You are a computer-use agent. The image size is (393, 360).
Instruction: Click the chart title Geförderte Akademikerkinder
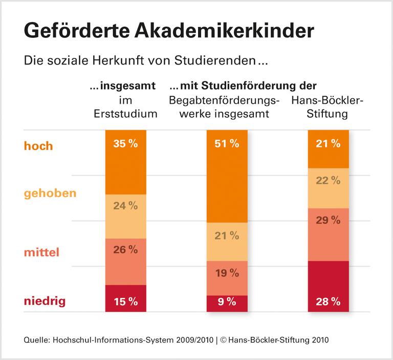168,31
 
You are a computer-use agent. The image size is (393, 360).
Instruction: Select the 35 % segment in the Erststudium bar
125,161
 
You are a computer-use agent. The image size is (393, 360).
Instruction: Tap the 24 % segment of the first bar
125,216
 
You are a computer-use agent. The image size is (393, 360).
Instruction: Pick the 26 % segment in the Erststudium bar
125,261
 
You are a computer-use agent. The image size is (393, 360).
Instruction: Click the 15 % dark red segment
125,299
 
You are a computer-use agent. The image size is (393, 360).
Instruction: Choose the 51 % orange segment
227,176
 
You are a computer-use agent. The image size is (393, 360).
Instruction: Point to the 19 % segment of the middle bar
227,278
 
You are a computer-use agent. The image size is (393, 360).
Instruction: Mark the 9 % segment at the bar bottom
227,303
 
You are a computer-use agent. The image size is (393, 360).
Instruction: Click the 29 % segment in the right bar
328,234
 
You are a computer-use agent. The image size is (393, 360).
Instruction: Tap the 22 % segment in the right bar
328,188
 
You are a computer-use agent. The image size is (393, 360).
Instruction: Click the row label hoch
38,146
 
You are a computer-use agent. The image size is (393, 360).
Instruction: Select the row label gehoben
50,194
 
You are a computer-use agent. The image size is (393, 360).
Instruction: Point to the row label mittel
41,252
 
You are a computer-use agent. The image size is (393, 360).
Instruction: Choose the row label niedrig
45,301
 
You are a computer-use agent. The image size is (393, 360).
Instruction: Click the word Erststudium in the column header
125,114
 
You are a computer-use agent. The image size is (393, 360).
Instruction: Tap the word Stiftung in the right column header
327,114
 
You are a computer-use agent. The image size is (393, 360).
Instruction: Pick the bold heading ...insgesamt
123,86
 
